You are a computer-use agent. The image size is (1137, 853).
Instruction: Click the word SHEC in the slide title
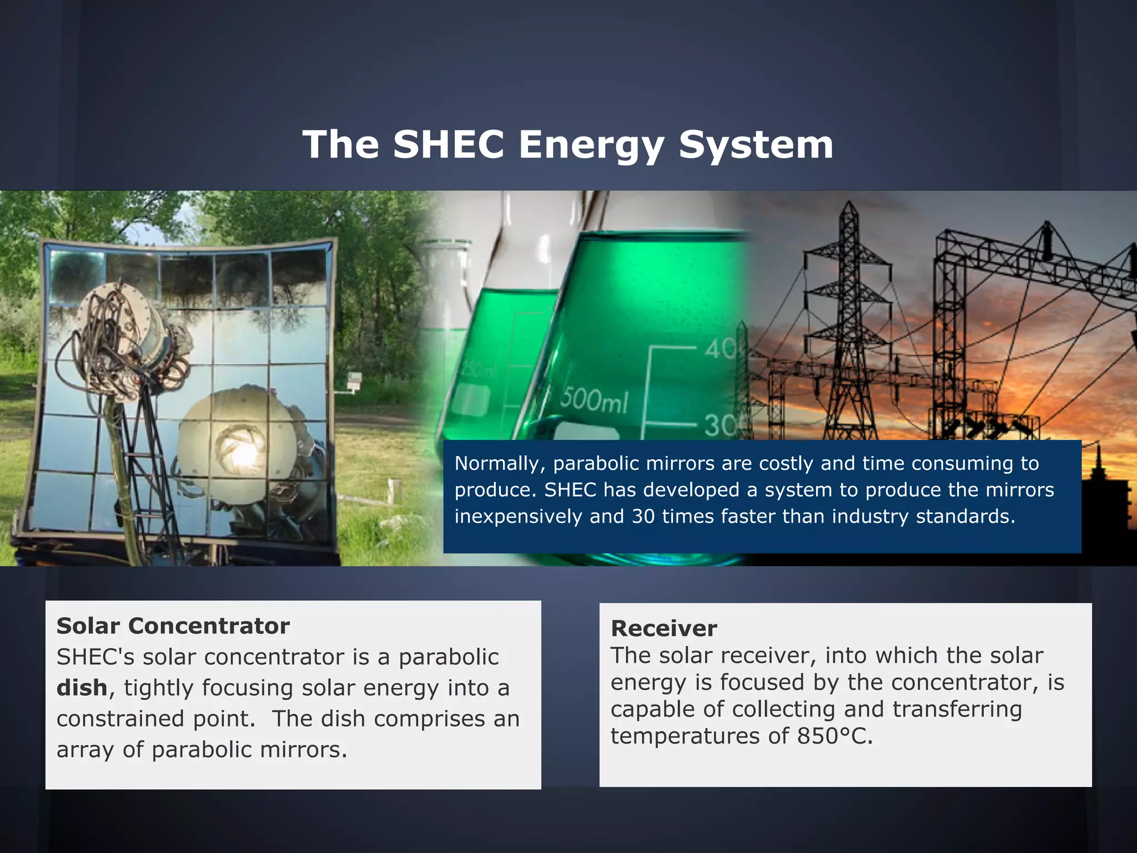tap(449, 144)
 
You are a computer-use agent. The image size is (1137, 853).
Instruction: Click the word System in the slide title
tap(756, 145)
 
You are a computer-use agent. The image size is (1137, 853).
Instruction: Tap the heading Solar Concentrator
tap(173, 626)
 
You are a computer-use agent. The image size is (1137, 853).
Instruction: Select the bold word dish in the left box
tap(82, 688)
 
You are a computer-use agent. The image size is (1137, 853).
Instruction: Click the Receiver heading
tap(663, 629)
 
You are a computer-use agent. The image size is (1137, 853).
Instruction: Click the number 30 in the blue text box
tap(643, 516)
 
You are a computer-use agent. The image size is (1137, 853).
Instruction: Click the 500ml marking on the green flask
tap(593, 399)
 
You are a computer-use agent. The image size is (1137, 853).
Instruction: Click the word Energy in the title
tap(591, 145)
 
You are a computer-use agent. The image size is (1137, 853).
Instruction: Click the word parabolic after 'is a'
tap(449, 658)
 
